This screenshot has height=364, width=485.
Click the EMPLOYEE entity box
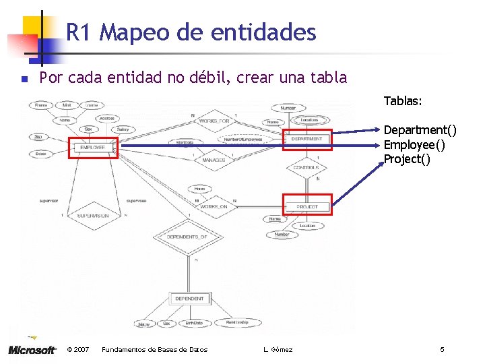tap(93, 147)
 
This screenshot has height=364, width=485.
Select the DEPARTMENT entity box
tap(306, 139)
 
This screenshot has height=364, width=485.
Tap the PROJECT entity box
tap(306, 206)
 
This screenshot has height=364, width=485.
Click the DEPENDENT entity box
tap(189, 299)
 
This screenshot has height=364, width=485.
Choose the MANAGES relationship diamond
tap(214, 160)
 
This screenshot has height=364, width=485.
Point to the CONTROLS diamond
tap(306, 167)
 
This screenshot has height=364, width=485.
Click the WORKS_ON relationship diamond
tap(214, 206)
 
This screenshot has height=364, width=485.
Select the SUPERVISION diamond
tap(93, 216)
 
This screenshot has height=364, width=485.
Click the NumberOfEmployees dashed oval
tap(240, 139)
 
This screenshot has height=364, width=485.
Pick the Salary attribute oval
tap(123, 129)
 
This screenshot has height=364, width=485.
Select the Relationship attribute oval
tap(237, 323)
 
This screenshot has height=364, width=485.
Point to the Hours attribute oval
tap(199, 189)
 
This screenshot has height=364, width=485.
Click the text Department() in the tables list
tap(420, 129)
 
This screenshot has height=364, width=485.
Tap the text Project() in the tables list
tap(407, 159)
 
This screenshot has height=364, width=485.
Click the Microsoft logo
tap(32, 349)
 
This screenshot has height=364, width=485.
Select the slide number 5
tap(442, 349)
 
